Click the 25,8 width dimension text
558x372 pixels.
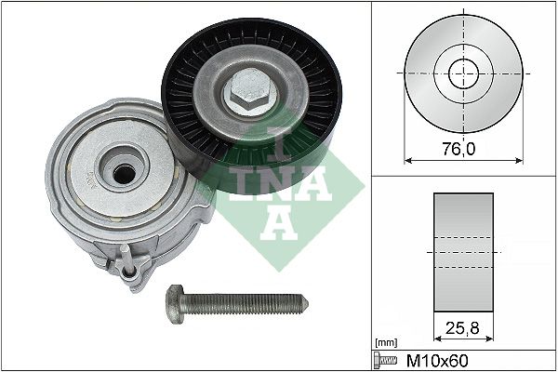click(x=461, y=327)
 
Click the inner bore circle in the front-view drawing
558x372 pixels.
click(x=462, y=73)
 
